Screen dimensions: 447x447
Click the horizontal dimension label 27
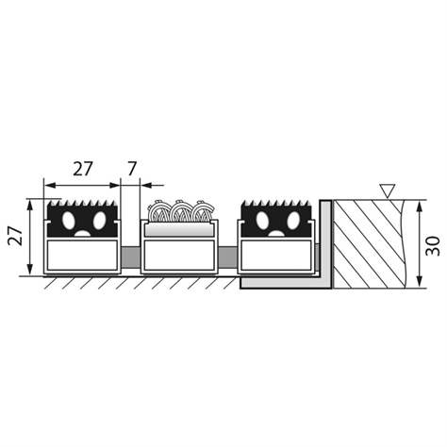[x=83, y=169]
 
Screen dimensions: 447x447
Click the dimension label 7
[x=132, y=169]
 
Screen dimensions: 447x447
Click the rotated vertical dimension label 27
[x=16, y=236]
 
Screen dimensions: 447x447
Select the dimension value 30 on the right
[x=433, y=246]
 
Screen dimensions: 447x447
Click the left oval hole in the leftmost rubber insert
[x=68, y=220]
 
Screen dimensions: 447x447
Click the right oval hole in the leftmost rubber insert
[x=99, y=220]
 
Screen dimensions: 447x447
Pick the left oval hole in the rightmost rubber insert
[x=262, y=220]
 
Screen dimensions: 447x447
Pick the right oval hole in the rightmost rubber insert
[x=293, y=220]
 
